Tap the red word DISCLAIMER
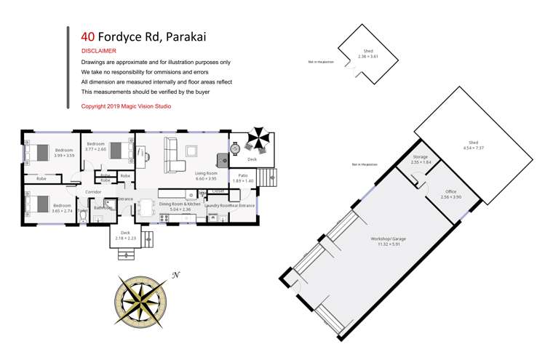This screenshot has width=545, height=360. pos(98,51)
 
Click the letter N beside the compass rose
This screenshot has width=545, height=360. pos(175,274)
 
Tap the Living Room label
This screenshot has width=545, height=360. pos(207,173)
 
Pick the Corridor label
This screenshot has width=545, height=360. pos(93,192)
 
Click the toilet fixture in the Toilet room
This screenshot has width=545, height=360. pos(83,216)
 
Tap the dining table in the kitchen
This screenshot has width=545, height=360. pos(146,207)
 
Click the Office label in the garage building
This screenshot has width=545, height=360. pos(450,191)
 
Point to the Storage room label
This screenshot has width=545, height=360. pos(421,156)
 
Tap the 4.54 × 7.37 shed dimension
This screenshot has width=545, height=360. pos(473,148)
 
